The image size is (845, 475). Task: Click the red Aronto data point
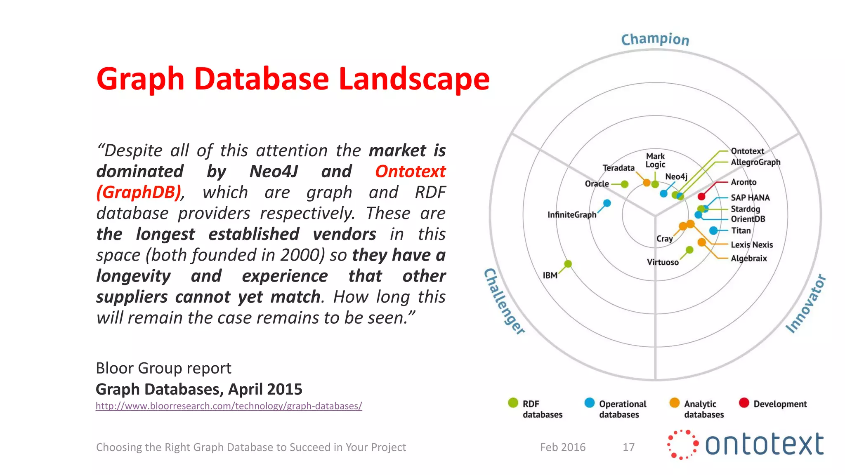click(x=701, y=196)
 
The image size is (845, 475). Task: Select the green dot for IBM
click(x=568, y=264)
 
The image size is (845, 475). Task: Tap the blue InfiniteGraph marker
click(x=607, y=203)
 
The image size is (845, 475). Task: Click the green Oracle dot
click(x=625, y=184)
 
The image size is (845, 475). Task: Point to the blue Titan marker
click(x=713, y=230)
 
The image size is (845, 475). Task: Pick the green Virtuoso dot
click(x=689, y=250)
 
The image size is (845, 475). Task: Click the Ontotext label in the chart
click(x=747, y=151)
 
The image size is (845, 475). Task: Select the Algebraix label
click(x=748, y=259)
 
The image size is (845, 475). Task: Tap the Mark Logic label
click(x=655, y=160)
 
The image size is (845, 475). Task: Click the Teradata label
click(x=618, y=168)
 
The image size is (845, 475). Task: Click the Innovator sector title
click(x=806, y=303)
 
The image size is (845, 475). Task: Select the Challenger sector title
click(x=504, y=301)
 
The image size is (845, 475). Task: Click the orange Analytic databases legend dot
click(x=674, y=403)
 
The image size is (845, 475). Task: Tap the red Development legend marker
click(x=744, y=403)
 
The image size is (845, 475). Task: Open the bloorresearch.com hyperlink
click(x=229, y=406)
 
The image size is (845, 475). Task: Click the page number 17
click(x=628, y=447)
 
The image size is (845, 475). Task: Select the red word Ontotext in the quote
click(x=410, y=172)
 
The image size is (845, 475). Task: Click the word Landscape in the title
click(x=414, y=79)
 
